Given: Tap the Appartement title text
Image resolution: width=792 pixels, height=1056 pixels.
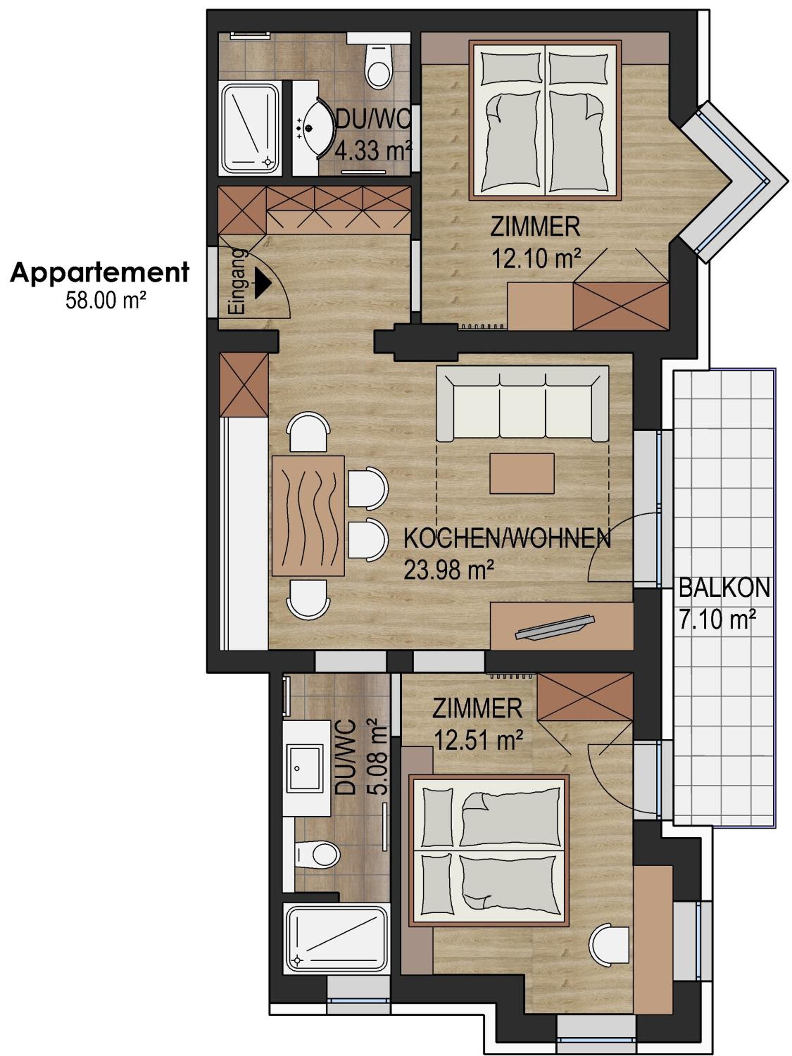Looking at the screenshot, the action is pos(100,273).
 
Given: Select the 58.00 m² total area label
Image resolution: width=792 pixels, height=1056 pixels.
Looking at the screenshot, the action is pos(106,301).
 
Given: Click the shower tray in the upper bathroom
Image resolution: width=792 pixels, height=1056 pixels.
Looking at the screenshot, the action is pos(251,128).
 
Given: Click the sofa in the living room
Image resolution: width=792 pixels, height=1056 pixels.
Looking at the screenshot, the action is pos(523,404).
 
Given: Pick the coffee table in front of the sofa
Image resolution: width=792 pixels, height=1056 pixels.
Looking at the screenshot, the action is pos(522,473).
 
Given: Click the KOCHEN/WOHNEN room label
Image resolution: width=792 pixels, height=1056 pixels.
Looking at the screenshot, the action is pos(507,539).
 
